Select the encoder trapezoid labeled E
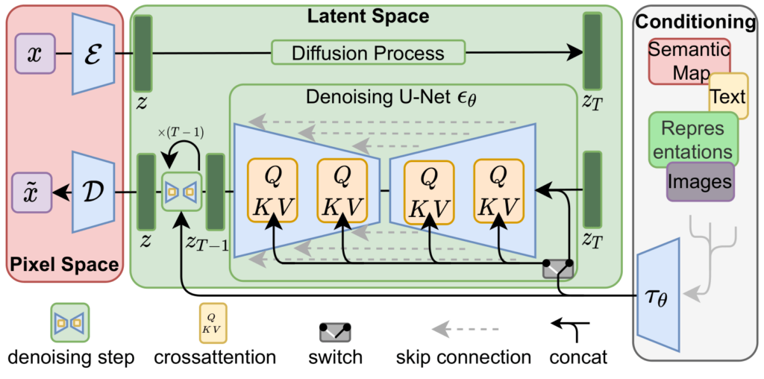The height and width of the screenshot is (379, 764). (x=93, y=54)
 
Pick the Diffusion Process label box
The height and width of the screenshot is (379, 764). (x=368, y=53)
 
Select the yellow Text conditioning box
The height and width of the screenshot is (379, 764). (x=728, y=95)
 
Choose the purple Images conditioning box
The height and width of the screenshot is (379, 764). (x=699, y=181)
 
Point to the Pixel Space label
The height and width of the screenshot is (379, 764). (x=64, y=264)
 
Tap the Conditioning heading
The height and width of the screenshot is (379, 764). (x=695, y=22)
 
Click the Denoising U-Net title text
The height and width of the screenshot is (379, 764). (x=379, y=97)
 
